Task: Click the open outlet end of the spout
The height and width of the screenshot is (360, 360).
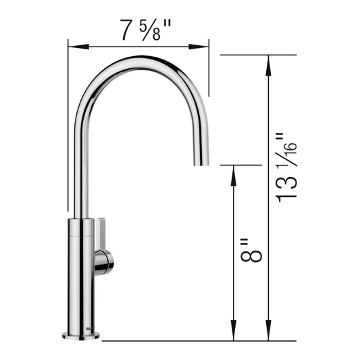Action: click(x=202, y=162)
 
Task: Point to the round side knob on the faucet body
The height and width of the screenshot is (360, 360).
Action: click(x=105, y=262)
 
